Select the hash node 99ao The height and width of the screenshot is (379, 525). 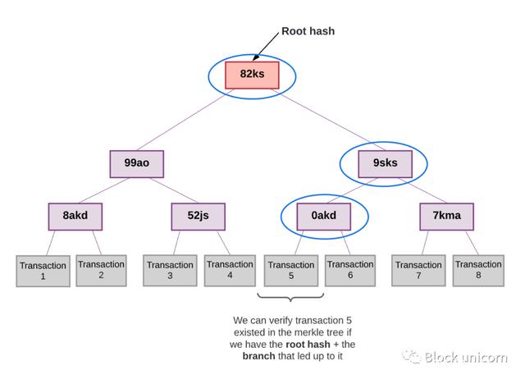point(136,162)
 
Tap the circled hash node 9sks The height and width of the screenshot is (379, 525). point(385,162)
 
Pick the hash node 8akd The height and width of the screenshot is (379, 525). point(74,216)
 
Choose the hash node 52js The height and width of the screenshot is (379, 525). point(198,216)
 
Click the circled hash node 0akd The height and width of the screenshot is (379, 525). point(322,216)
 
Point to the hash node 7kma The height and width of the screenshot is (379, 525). point(446,216)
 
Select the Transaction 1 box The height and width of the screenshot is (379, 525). point(43,271)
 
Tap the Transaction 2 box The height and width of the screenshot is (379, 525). point(102,269)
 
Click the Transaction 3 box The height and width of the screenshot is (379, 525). point(170,270)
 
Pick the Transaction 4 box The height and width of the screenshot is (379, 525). point(230,269)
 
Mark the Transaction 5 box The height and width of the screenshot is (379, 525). point(290,270)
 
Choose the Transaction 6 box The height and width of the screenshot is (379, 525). point(350,269)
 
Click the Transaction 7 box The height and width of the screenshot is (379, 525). point(418,270)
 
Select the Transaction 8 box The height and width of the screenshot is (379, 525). point(478,269)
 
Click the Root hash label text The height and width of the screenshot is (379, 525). point(308,31)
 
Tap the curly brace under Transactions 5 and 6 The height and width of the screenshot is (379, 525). point(290,298)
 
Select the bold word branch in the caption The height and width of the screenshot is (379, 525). point(258,356)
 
